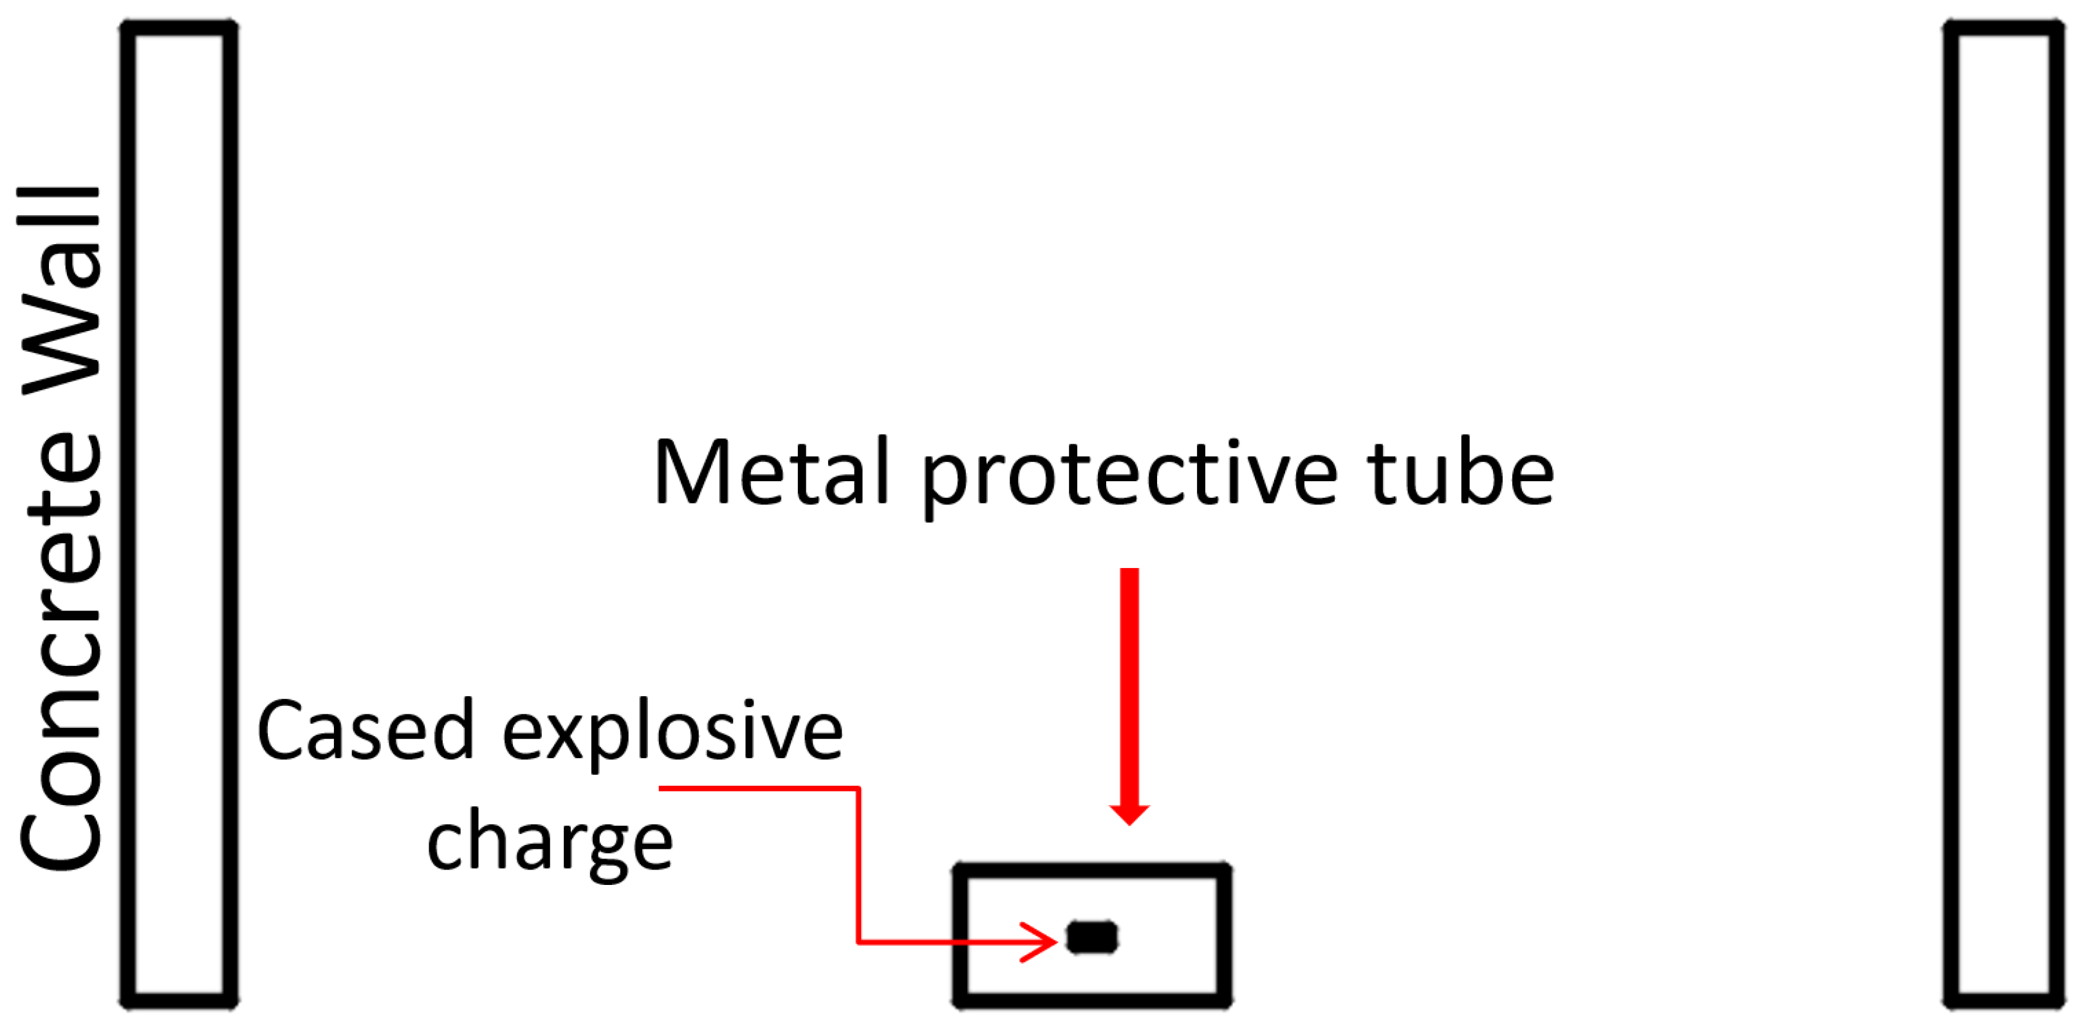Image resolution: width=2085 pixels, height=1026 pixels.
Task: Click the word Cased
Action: click(x=365, y=730)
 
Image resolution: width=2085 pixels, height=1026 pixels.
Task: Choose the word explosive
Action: click(x=672, y=733)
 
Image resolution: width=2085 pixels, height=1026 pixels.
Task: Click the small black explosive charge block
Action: click(x=1092, y=937)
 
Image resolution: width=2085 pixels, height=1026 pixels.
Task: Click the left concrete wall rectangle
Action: click(x=179, y=513)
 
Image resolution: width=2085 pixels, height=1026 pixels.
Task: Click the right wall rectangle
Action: click(x=2004, y=513)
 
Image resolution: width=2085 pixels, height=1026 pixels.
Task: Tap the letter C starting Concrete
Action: click(x=60, y=834)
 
